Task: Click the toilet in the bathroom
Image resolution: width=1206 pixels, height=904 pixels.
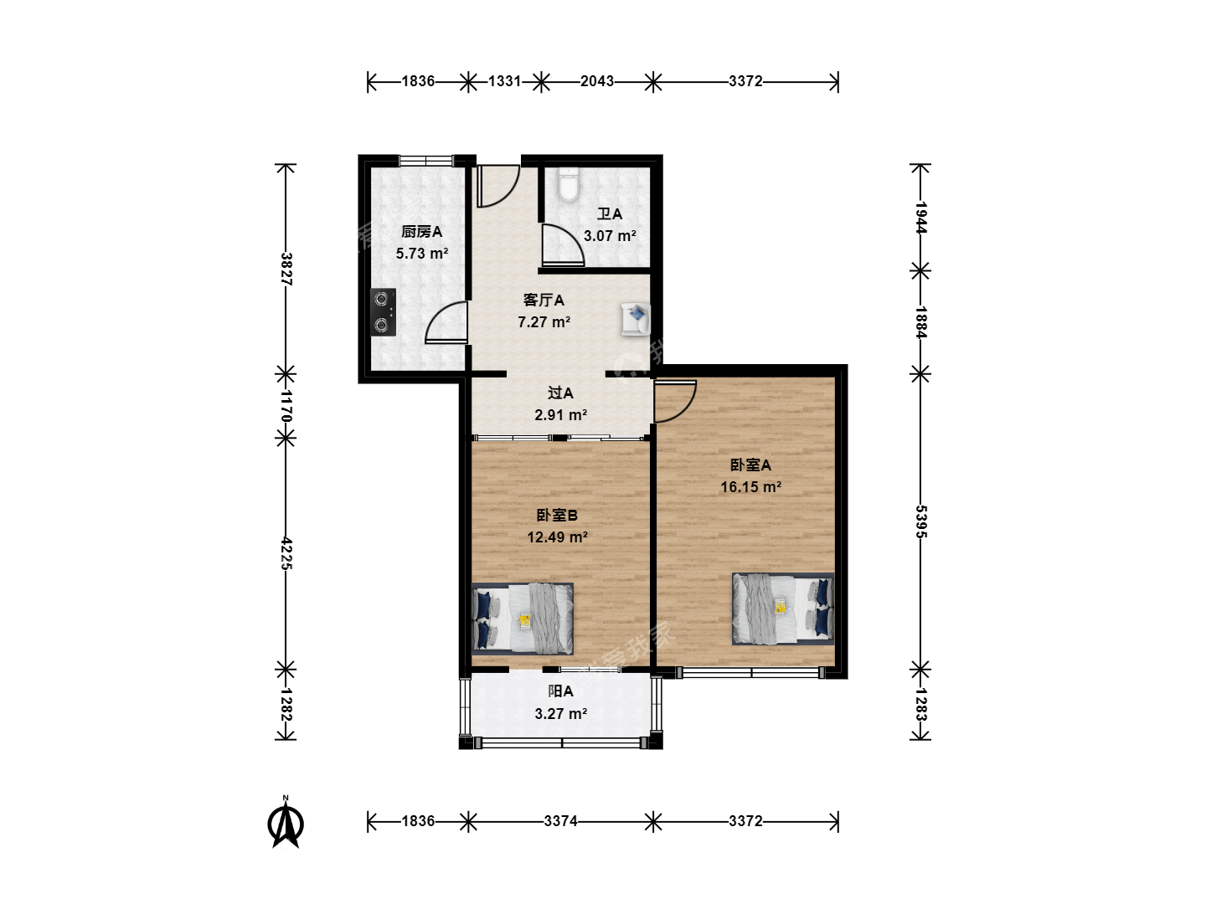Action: click(x=568, y=184)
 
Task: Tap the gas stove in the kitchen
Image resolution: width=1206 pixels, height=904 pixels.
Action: click(x=383, y=312)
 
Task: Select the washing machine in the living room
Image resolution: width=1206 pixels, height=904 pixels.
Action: click(x=635, y=319)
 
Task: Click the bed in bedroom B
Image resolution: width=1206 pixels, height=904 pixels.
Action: click(x=523, y=619)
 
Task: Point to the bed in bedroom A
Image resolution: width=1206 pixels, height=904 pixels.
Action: click(x=783, y=609)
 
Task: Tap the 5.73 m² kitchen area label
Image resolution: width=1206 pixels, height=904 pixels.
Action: click(x=422, y=254)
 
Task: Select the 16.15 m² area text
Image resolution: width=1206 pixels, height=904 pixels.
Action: click(x=750, y=487)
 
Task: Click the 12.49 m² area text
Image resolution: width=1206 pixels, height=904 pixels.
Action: click(x=557, y=537)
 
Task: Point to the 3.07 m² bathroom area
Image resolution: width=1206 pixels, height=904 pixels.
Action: click(x=610, y=236)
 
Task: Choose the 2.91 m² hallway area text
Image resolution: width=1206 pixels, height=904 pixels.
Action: click(x=560, y=415)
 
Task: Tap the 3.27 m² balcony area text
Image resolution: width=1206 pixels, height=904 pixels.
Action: click(x=560, y=713)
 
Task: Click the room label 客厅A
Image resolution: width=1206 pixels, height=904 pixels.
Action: click(x=544, y=300)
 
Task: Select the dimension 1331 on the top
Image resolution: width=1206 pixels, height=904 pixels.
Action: click(x=504, y=81)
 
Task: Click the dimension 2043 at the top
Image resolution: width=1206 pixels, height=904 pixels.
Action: click(x=597, y=81)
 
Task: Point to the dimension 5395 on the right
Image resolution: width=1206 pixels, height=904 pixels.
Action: click(x=921, y=521)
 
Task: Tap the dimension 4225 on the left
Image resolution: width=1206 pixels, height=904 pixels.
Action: click(x=286, y=554)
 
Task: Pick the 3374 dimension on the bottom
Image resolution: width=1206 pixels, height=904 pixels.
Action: click(x=560, y=821)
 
